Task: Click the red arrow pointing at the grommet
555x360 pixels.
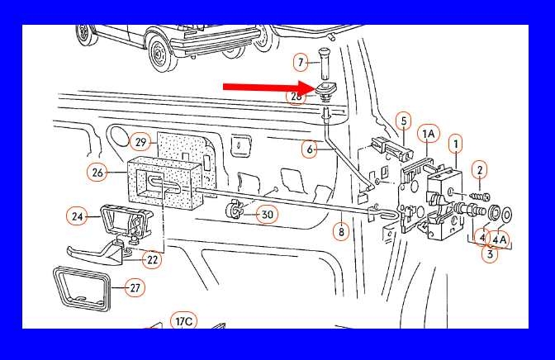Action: point(269,87)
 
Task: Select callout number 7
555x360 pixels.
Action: point(301,63)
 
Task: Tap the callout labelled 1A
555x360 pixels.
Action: point(429,134)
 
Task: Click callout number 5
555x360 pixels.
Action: point(404,121)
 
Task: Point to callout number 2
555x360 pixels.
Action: point(480,170)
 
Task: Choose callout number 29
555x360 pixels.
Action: point(140,142)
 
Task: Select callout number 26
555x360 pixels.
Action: point(97,173)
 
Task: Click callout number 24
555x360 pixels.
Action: point(77,216)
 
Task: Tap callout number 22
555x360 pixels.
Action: point(152,259)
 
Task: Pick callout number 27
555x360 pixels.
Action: point(135,288)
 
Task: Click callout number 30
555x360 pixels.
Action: point(268,215)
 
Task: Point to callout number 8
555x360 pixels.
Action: point(341,232)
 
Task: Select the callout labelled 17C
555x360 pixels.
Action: point(184,321)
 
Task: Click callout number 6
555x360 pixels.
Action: point(310,149)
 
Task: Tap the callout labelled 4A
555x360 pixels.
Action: point(500,239)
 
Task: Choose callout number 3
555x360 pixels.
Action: point(490,253)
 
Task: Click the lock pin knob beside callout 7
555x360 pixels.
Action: point(324,64)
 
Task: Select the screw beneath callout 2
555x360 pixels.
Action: point(480,195)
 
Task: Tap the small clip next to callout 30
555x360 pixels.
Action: point(234,209)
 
